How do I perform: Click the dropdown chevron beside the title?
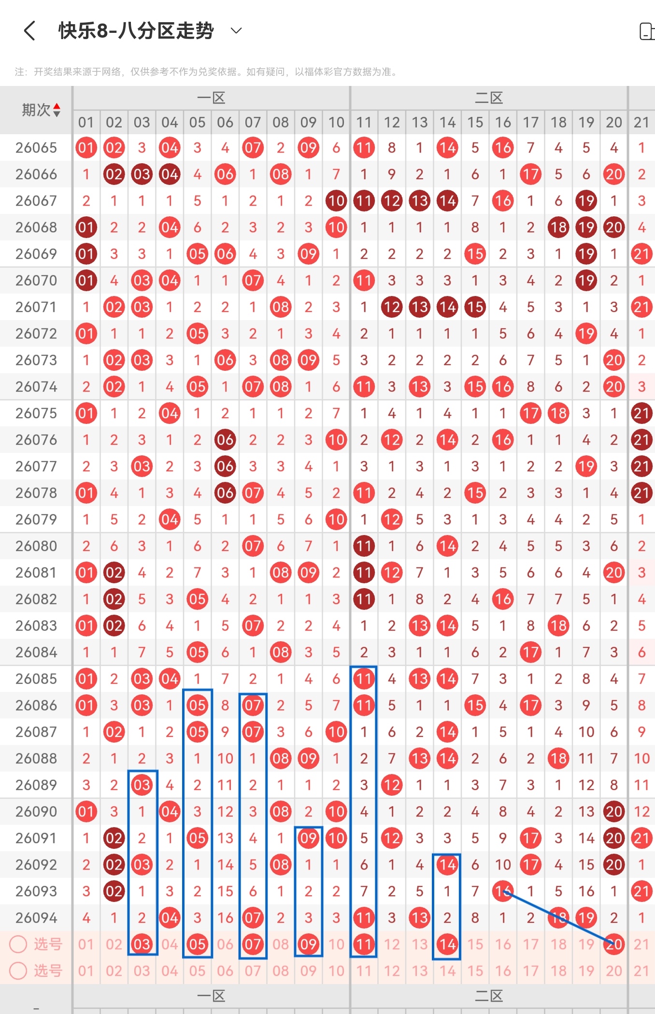pyautogui.click(x=236, y=31)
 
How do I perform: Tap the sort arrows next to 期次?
pyautogui.click(x=57, y=110)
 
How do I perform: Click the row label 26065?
pyautogui.click(x=36, y=148)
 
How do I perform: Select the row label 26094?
pyautogui.click(x=36, y=918)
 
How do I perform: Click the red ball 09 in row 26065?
pyautogui.click(x=308, y=148)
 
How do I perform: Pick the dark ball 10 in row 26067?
pyautogui.click(x=336, y=201)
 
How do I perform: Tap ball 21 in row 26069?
pyautogui.click(x=641, y=254)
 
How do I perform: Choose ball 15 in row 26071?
pyautogui.click(x=475, y=307)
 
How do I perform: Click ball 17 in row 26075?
pyautogui.click(x=530, y=413)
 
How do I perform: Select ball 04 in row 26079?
pyautogui.click(x=170, y=520)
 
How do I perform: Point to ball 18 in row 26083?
pyautogui.click(x=558, y=626)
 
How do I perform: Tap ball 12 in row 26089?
pyautogui.click(x=392, y=785)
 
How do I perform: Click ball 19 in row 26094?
pyautogui.click(x=586, y=918)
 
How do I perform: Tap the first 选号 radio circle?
pyautogui.click(x=18, y=944)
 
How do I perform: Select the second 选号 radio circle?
pyautogui.click(x=18, y=971)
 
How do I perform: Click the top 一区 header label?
pyautogui.click(x=211, y=99)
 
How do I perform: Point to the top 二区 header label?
pyautogui.click(x=489, y=99)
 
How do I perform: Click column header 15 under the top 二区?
pyautogui.click(x=475, y=123)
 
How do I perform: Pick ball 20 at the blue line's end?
pyautogui.click(x=614, y=944)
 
